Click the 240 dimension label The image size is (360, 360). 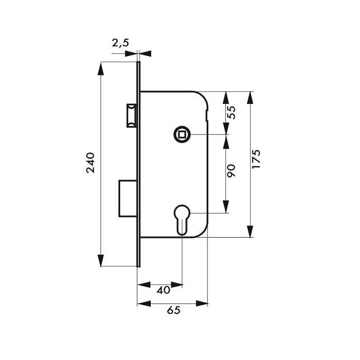[x=90, y=162]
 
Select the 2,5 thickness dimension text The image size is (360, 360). [x=121, y=43]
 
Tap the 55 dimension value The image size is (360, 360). [x=231, y=112]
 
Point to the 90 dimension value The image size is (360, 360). [x=231, y=171]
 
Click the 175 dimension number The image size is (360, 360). [x=256, y=159]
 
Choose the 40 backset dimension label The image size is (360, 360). [x=163, y=290]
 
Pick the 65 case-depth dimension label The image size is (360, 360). [x=174, y=310]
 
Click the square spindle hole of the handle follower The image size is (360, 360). [x=182, y=134]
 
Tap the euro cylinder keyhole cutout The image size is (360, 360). [x=182, y=220]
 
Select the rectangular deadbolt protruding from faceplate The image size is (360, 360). [x=128, y=198]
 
